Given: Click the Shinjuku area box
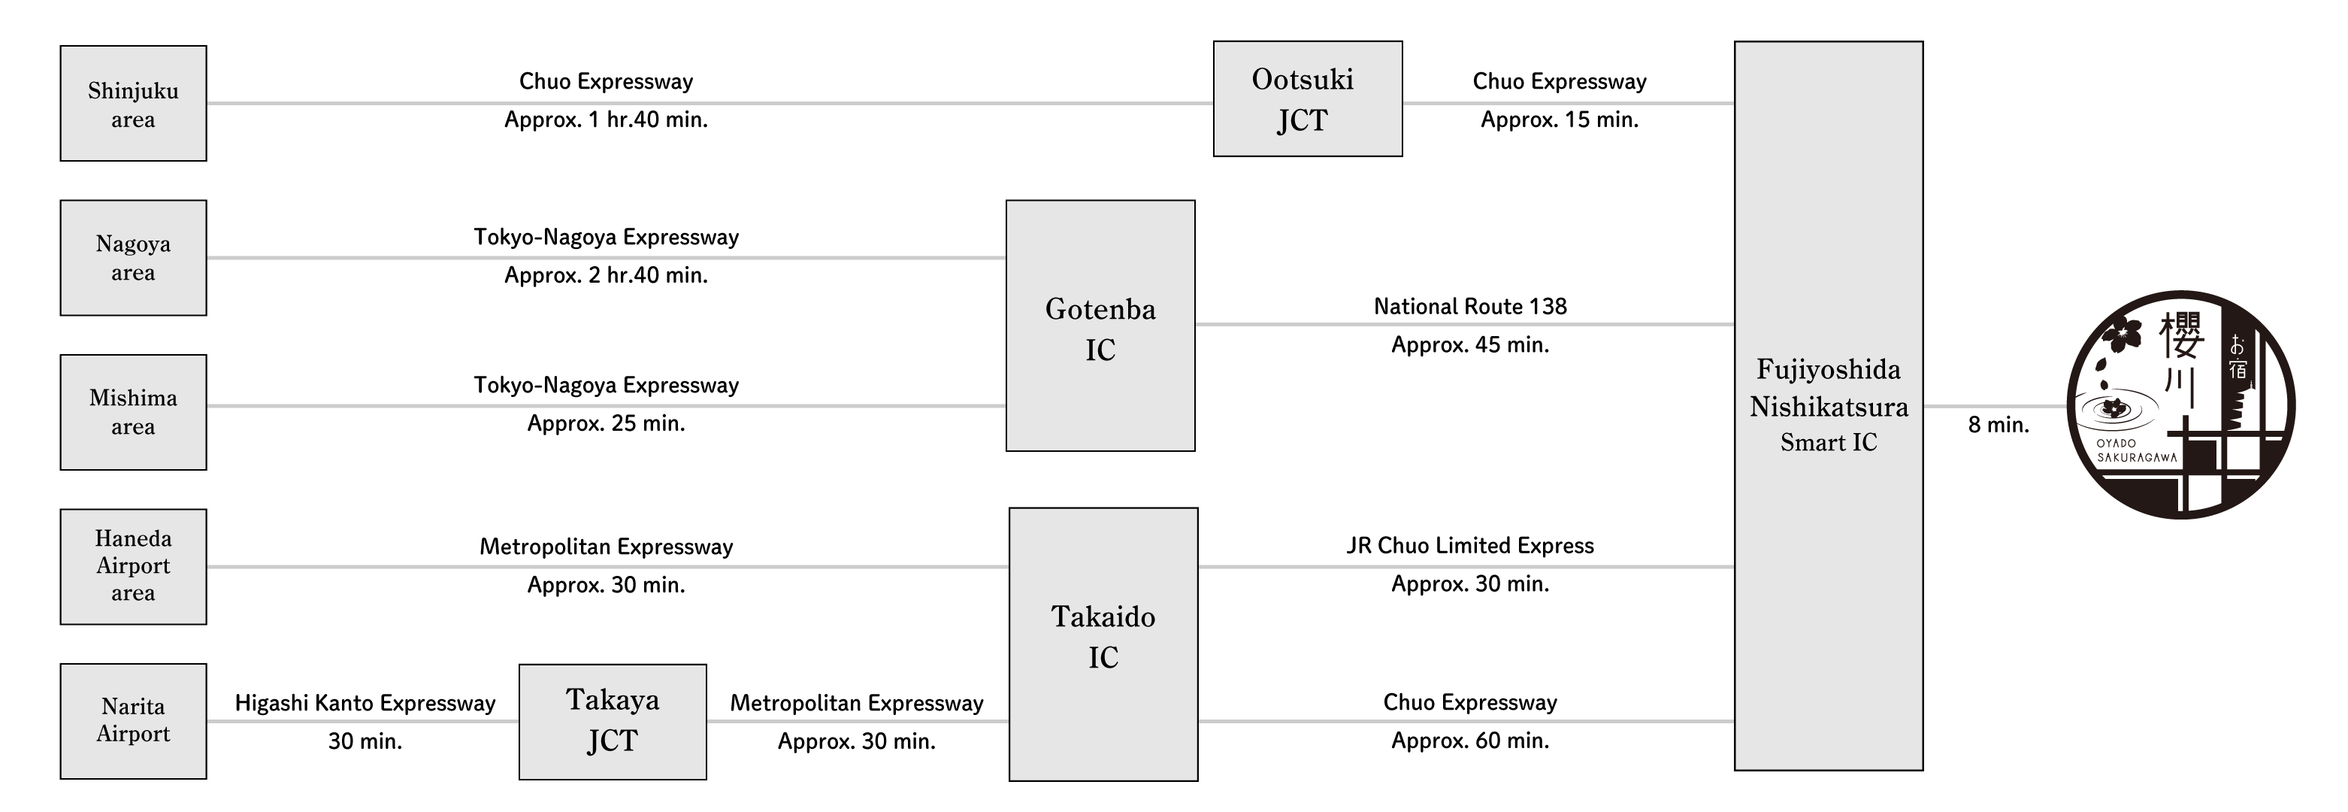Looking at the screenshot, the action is click(x=133, y=104).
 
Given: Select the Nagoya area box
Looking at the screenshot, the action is click(x=133, y=258).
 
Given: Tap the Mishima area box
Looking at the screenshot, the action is click(x=133, y=412).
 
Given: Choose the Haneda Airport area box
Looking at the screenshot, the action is click(x=133, y=566).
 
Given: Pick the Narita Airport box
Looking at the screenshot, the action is click(x=133, y=721).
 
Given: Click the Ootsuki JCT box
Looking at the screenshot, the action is click(x=1307, y=98).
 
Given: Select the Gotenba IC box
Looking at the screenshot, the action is click(x=1100, y=326).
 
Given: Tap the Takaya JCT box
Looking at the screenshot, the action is click(x=613, y=722).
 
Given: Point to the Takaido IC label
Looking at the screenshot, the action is click(x=1103, y=636).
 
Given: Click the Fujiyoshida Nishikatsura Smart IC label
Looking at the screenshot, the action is click(x=1829, y=405).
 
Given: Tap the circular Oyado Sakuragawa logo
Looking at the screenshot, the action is click(x=2180, y=404).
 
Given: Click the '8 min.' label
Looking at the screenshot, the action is click(x=1998, y=425).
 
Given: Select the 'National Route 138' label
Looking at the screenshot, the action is click(x=1470, y=306).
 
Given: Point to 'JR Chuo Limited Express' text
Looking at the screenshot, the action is click(x=1470, y=545).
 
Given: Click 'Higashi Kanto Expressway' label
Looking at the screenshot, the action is click(x=365, y=703).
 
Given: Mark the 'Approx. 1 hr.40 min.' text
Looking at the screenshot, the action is click(x=606, y=120).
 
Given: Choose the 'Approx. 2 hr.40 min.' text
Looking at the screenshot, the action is click(x=606, y=275).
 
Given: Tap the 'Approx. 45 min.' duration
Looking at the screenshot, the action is click(x=1470, y=344).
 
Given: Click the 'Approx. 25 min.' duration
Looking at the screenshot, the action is click(x=606, y=423).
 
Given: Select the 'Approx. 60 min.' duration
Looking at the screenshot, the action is click(x=1470, y=740).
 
